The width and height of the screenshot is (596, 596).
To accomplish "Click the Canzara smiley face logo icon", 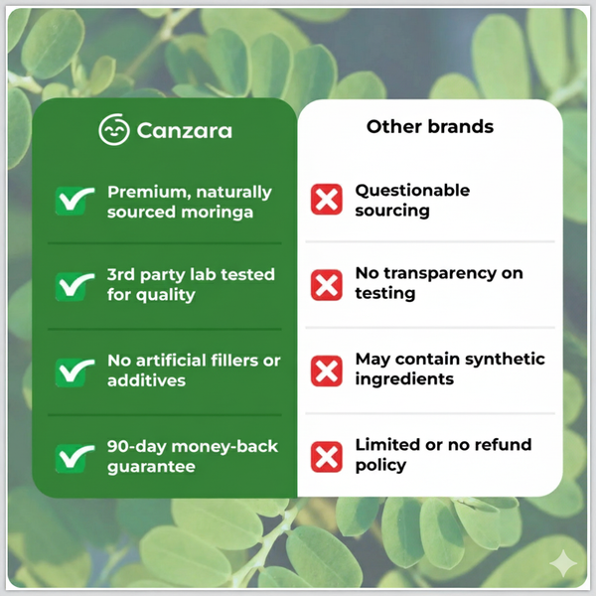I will click(114, 130).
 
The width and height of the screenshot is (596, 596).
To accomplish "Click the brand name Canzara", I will click(185, 130).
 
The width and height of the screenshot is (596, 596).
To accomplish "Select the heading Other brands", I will click(429, 126).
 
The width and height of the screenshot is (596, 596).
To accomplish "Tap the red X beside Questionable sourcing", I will click(327, 200).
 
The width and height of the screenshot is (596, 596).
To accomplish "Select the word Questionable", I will click(412, 190).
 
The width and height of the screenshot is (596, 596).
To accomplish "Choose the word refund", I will click(505, 445).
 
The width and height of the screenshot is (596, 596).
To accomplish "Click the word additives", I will click(146, 379).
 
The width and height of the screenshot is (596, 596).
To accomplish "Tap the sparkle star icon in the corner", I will click(562, 562).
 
